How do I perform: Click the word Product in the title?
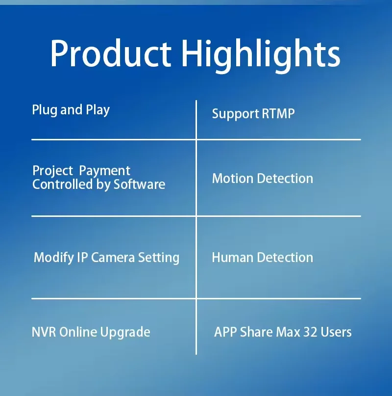click(111, 53)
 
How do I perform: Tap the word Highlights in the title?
click(261, 55)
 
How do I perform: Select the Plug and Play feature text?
click(71, 110)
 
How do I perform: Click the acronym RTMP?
click(278, 113)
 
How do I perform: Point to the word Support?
click(235, 114)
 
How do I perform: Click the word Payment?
click(105, 171)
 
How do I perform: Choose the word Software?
click(139, 185)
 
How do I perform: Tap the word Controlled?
click(63, 185)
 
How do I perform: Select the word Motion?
click(233, 179)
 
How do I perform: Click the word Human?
click(232, 258)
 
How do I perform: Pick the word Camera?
click(113, 258)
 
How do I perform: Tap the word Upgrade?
click(125, 333)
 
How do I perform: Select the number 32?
click(310, 332)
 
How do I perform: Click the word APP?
click(225, 332)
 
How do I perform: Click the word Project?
click(53, 171)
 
